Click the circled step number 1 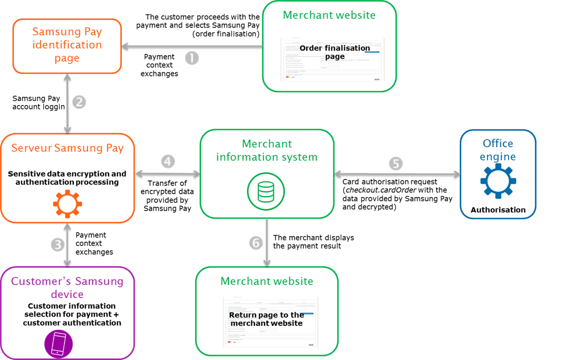[192, 58]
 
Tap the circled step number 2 [79, 102]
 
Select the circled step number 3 [58, 245]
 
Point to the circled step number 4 [168, 161]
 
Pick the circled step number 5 [396, 163]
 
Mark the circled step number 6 [257, 242]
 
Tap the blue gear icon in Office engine [498, 182]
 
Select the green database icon [266, 191]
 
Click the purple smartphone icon [58, 343]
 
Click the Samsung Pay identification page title [67, 45]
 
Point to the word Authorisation [498, 210]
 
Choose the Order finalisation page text [335, 52]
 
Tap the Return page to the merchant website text [267, 319]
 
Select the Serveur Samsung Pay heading [67, 148]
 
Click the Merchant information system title [267, 150]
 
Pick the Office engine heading [498, 150]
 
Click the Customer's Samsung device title [67, 287]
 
